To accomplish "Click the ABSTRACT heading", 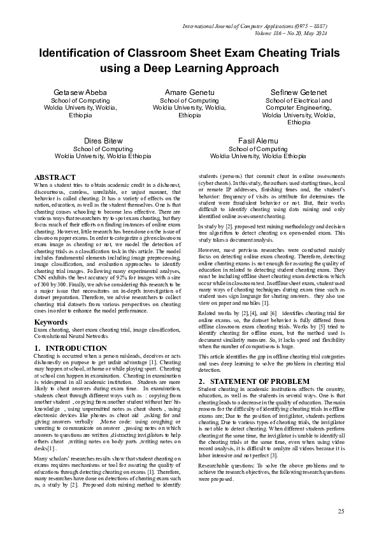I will tap(55, 177).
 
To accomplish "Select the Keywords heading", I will tap(50, 322).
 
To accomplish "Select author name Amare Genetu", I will tap(189, 92).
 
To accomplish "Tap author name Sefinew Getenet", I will tap(298, 92).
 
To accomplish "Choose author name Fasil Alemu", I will tap(258, 140).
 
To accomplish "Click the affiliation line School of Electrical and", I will tap(298, 101).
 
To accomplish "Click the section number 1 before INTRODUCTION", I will tap(36, 348).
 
